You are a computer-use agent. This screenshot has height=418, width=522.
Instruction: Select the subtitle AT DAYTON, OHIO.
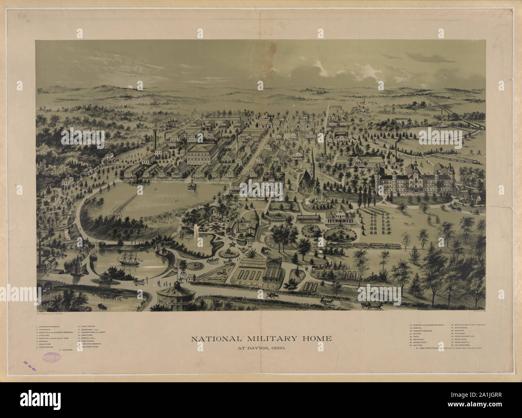[x=261, y=347]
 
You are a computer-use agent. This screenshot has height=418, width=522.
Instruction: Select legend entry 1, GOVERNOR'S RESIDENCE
[x=53, y=326]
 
